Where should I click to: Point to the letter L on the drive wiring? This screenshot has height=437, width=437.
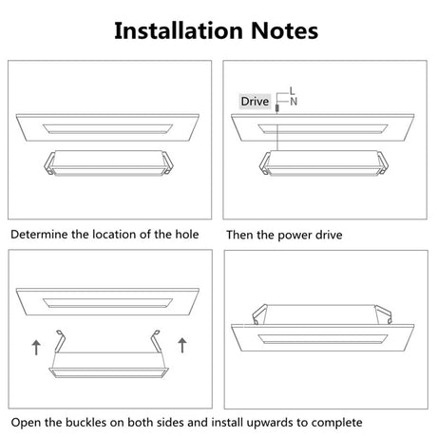point(292,89)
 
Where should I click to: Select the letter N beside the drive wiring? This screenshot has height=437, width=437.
point(293,101)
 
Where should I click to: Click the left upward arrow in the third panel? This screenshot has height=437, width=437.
point(36,347)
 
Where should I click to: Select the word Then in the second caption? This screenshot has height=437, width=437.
point(239,233)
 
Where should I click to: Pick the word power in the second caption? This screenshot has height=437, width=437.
point(293,233)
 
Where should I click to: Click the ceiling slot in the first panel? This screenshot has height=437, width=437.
point(108,125)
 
